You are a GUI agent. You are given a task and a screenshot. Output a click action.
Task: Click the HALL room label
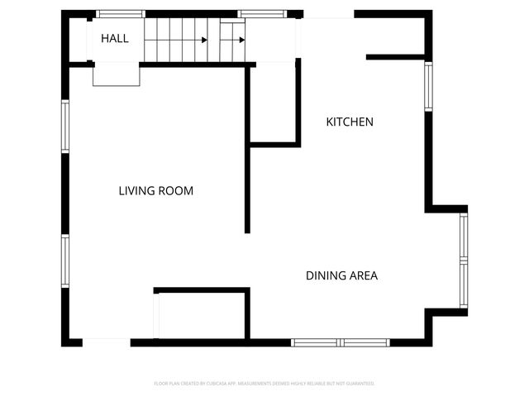[x=115, y=38]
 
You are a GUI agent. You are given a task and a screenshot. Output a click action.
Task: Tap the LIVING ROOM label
[x=155, y=191]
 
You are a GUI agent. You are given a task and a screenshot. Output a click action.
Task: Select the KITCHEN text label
[x=350, y=122]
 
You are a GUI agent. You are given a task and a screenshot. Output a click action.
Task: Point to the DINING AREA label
[x=341, y=275]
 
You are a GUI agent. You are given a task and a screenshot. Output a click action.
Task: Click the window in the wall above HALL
[x=121, y=14]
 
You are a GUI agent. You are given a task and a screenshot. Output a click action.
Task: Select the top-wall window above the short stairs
[x=262, y=14]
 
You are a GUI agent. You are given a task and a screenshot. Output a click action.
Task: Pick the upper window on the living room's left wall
[x=64, y=127]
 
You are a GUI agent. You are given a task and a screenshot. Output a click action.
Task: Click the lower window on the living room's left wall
[x=64, y=261]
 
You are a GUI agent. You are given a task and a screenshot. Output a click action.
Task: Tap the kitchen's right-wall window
[x=428, y=86]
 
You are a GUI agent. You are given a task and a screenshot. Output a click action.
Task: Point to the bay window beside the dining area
[x=464, y=260]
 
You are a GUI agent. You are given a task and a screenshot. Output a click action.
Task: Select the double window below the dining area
[x=341, y=342]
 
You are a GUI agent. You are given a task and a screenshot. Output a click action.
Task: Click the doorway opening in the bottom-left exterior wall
[x=106, y=342]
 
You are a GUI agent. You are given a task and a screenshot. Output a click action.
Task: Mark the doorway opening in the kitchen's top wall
[x=328, y=15]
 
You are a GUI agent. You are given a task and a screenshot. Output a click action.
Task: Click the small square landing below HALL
[x=117, y=74]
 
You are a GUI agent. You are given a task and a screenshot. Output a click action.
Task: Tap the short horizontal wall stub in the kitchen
[x=395, y=57]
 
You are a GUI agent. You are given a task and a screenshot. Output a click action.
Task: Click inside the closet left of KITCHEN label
[x=272, y=103]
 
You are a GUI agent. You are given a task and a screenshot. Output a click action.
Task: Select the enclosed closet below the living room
[x=202, y=314]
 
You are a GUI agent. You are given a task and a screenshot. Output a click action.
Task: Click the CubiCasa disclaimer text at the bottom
[x=264, y=384]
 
